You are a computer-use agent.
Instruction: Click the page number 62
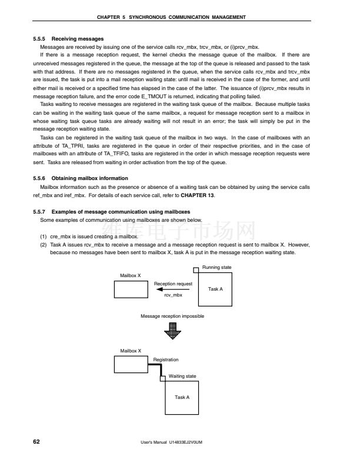[x=36, y=441]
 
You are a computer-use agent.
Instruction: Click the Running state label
[x=217, y=268]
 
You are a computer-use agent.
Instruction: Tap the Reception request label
[x=173, y=284]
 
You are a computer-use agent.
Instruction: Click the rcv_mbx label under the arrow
[x=173, y=295]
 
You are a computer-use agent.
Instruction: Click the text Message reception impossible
[x=172, y=317]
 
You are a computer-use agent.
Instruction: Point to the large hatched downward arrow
[x=172, y=332]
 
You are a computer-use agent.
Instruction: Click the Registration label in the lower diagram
[x=166, y=360]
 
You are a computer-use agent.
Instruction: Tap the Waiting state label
[x=182, y=375]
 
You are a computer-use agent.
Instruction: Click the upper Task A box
[x=215, y=289]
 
